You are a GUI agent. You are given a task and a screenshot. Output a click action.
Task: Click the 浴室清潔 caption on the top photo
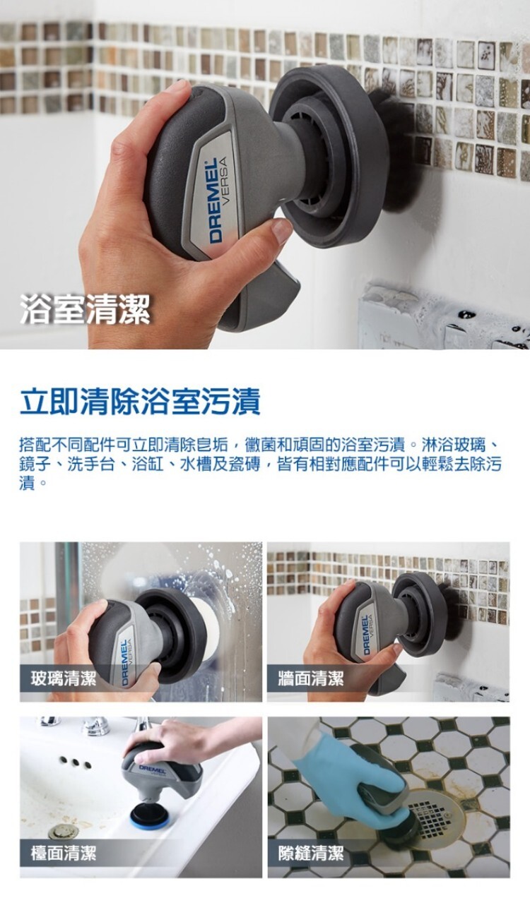coord(85,309)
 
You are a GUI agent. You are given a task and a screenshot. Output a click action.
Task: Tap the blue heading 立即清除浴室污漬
coord(140,401)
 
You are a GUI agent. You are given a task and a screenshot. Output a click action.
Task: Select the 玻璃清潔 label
coord(64,678)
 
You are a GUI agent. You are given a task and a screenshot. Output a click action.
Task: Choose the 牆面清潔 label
coord(311,678)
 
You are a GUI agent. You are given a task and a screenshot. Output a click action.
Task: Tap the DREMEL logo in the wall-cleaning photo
coord(366,635)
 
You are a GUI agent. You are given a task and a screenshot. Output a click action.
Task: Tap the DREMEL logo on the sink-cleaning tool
coord(153,770)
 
